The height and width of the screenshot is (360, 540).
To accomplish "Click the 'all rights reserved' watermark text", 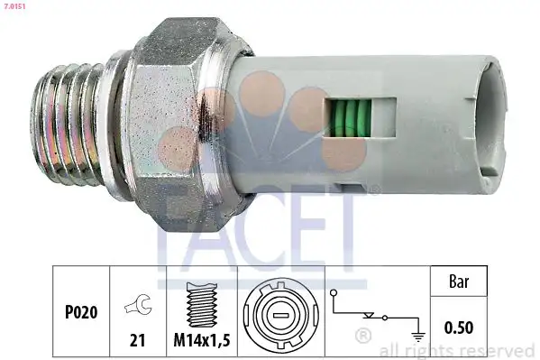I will click(x=459, y=350).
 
